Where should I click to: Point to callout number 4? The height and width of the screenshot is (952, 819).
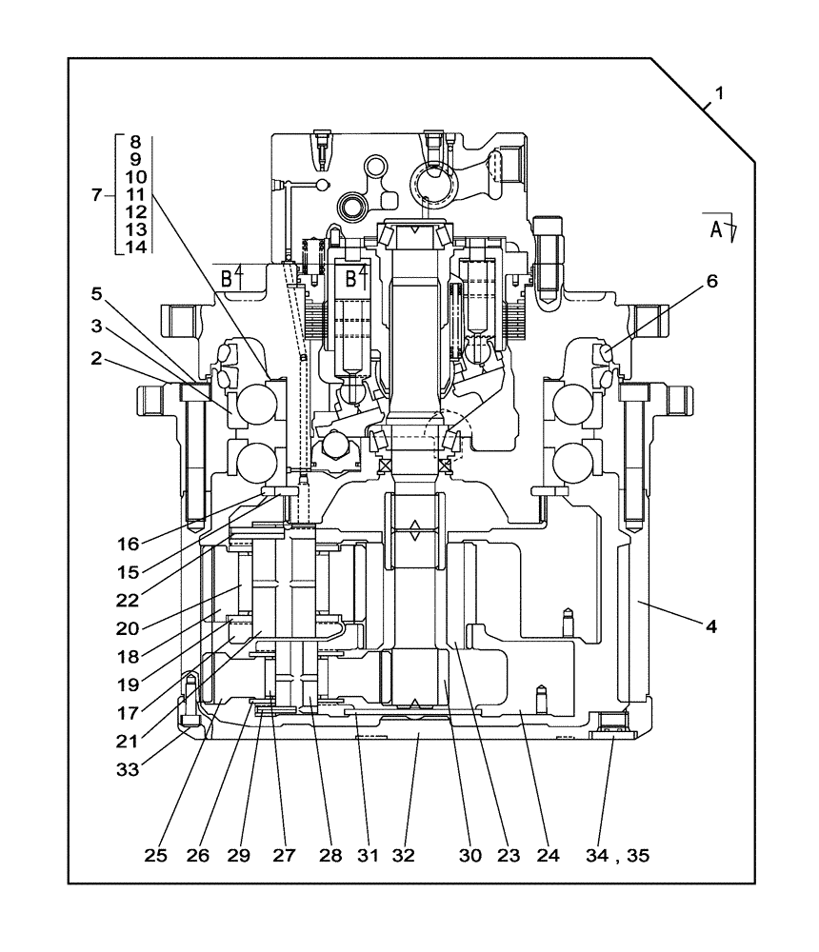pos(710,626)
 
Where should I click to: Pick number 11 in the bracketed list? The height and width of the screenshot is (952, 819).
pos(135,194)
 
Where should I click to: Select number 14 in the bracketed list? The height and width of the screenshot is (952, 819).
pos(135,247)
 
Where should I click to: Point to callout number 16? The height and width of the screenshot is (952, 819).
pos(129,544)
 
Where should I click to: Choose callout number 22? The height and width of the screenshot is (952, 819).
pos(129,601)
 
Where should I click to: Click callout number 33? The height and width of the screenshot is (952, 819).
pos(129,768)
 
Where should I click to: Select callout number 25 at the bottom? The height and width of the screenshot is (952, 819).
pos(156,855)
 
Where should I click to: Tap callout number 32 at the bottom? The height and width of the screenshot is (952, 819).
pos(404,855)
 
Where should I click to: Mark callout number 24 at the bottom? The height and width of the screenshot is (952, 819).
pos(548,855)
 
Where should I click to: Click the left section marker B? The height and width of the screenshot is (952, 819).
pos(227,278)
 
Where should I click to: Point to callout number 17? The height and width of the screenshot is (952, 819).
pos(129,710)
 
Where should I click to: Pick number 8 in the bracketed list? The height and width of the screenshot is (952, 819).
pos(135,143)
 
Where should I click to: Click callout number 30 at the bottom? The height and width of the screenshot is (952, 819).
pos(469,855)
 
